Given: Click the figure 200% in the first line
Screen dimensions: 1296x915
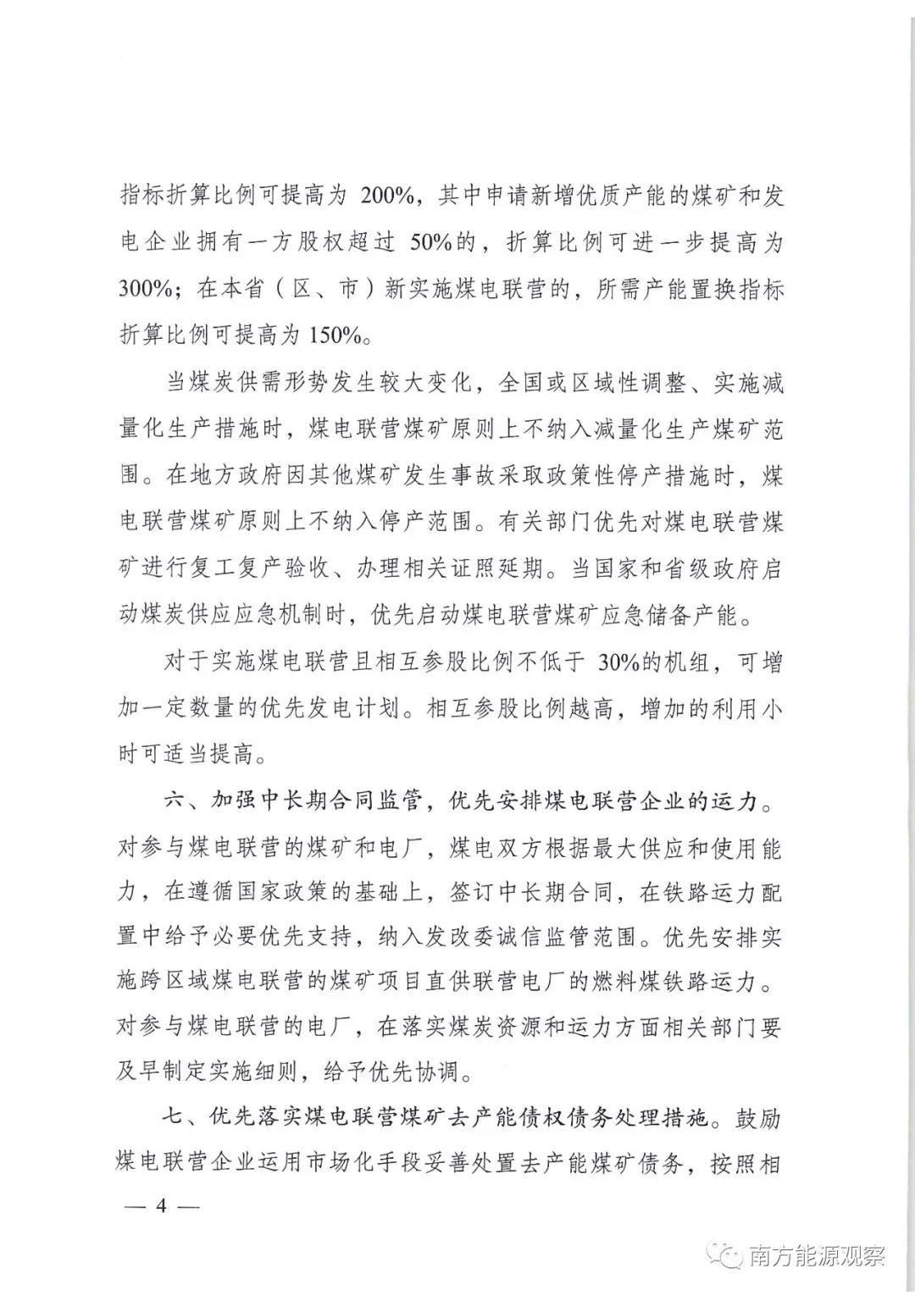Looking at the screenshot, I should point(386,197).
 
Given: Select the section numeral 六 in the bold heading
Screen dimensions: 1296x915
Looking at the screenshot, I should point(174,800).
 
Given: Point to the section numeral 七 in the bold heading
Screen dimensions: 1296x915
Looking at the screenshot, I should point(174,1119).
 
